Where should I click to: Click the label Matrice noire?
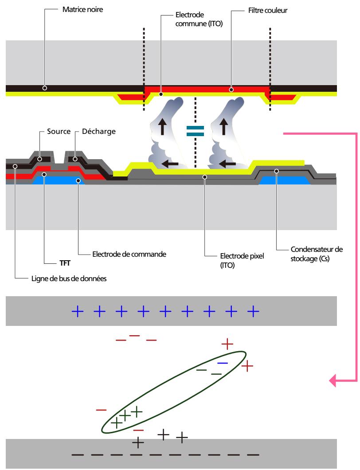coord(82,10)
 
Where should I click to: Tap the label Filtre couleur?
coord(268,11)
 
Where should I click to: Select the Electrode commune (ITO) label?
coord(199,19)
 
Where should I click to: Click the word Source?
coord(59,131)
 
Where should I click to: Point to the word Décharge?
coord(98,131)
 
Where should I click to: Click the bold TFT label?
coord(65,263)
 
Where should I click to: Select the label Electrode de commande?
coord(129,254)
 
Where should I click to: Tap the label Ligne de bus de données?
coord(69,279)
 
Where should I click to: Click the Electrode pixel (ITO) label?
coord(242,260)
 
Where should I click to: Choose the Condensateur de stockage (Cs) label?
coord(317,254)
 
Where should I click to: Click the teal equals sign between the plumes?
coord(195,131)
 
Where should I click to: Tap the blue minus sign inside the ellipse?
coord(223,363)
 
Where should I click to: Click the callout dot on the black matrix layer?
coord(45,88)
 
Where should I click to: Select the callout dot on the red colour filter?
coord(231,89)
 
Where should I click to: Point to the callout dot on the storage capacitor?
coord(276,171)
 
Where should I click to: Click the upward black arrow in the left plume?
coord(162,126)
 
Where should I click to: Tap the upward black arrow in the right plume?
coord(223,126)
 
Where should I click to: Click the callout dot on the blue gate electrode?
coord(78,181)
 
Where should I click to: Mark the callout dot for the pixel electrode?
coord(205,177)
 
